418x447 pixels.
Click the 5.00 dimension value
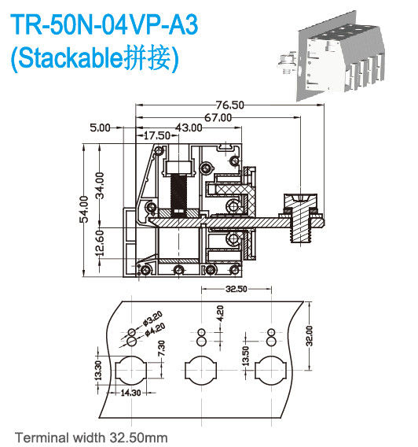click(x=100, y=127)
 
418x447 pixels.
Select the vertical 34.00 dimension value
click(x=100, y=186)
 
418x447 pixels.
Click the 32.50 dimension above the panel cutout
click(x=238, y=290)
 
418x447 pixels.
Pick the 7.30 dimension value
click(x=160, y=345)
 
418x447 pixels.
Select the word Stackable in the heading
click(x=76, y=57)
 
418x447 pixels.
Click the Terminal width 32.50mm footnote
click(x=92, y=436)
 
